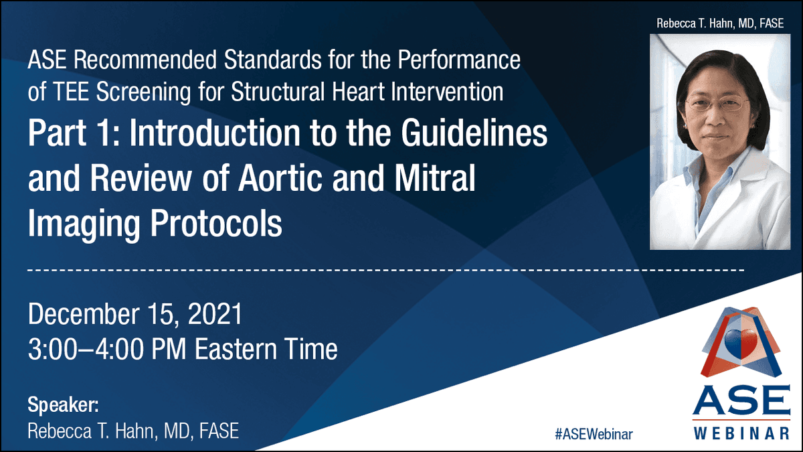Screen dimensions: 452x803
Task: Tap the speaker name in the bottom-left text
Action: [x=132, y=431]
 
